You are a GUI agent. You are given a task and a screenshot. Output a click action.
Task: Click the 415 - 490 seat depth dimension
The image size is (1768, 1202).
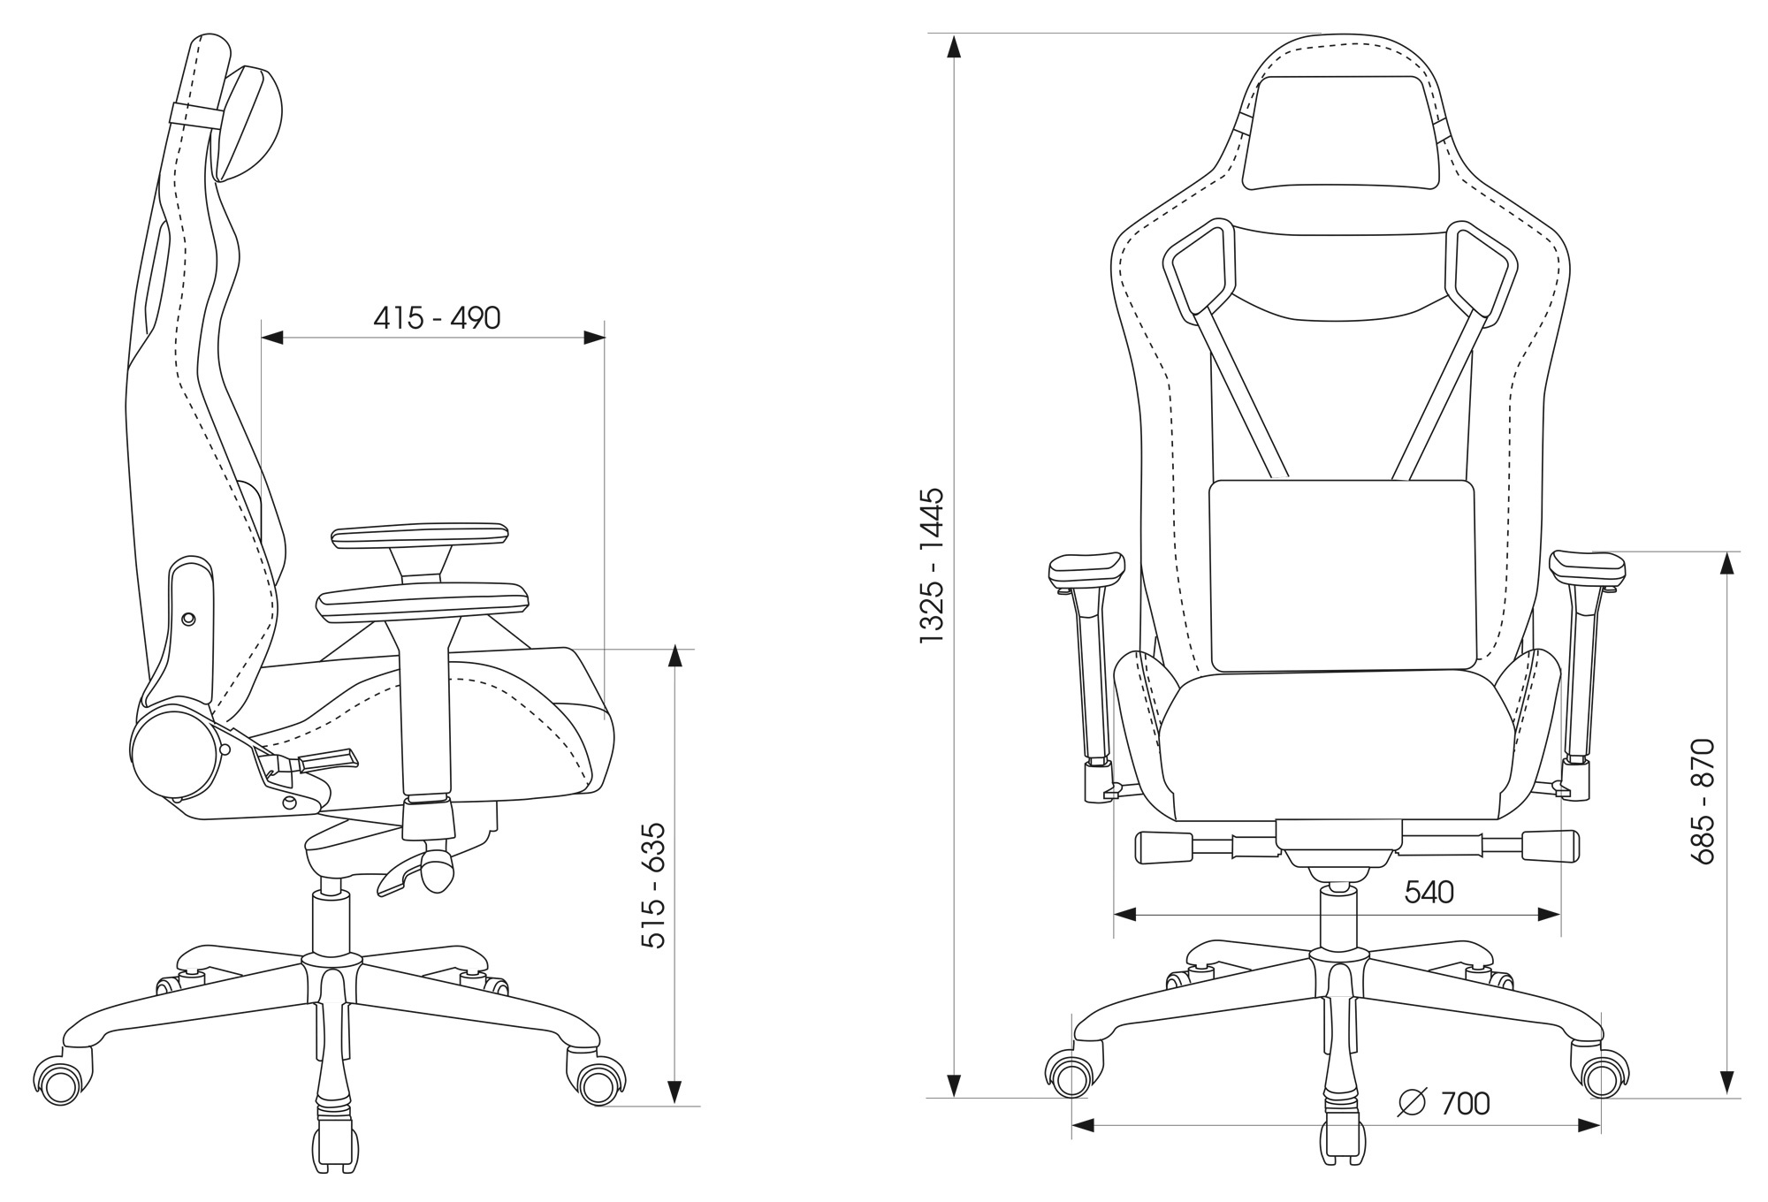437,317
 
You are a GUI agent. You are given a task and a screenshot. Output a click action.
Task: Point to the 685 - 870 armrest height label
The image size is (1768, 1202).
1701,801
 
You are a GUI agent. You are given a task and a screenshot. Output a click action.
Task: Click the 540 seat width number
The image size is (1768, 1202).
1429,893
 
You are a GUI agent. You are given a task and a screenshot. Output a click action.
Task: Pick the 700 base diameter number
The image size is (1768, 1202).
1465,1103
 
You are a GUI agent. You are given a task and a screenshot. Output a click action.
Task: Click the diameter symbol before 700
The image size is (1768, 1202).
1413,1102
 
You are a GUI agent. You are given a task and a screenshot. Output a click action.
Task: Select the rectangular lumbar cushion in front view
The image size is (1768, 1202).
1342,575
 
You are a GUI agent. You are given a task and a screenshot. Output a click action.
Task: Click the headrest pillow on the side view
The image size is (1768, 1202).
248,124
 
